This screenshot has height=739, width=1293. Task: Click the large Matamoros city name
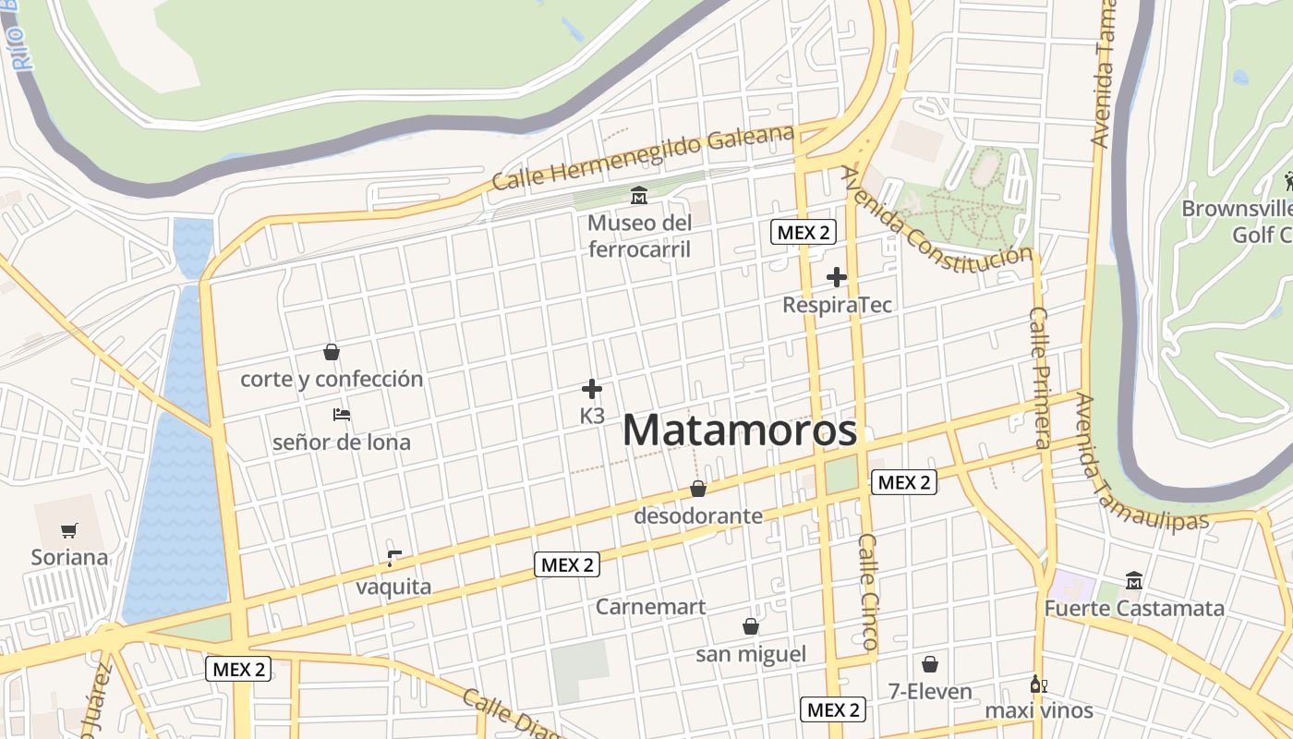coord(739,431)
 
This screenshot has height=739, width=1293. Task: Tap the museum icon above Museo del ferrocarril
coord(638,196)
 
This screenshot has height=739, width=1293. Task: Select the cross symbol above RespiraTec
coord(837,276)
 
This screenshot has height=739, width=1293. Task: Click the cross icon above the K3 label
coord(592,389)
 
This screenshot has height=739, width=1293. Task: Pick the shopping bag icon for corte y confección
coord(332,352)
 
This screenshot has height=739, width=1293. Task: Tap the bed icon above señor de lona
coord(342,415)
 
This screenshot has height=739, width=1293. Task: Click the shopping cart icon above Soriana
coord(69,530)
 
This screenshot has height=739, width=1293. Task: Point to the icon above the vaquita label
coord(394,558)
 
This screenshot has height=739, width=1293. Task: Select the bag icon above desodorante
coord(698,489)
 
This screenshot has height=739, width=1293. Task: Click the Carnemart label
coord(650,607)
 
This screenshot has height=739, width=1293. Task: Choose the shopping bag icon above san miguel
coord(751,626)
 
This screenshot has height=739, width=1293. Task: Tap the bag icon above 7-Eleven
coord(930,664)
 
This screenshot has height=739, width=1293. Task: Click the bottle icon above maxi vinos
coord(1038,684)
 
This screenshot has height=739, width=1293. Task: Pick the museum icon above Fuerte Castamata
coord(1134,580)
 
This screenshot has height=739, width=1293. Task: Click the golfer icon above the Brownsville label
coord(1289,181)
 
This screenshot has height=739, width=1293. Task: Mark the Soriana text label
coord(69,557)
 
